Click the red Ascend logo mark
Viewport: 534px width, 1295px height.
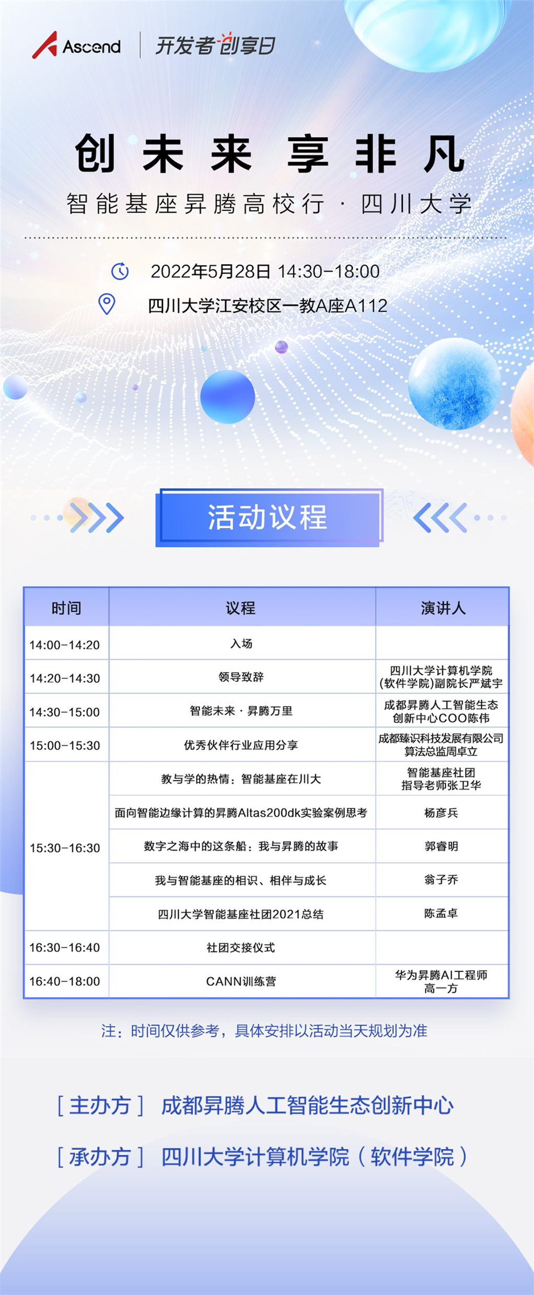(44, 45)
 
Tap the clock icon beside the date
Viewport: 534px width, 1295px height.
(120, 271)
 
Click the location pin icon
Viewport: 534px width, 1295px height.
(107, 304)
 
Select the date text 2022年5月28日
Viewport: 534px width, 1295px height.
(211, 272)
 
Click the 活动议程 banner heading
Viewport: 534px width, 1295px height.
(268, 517)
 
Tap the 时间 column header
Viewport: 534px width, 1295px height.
(66, 608)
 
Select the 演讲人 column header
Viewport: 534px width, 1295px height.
(443, 608)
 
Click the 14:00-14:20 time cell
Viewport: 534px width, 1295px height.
(64, 645)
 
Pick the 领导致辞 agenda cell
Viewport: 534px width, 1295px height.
(241, 677)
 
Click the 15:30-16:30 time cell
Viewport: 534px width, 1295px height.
(64, 848)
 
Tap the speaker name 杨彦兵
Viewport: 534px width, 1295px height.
(441, 813)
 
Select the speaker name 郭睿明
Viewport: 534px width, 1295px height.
(441, 846)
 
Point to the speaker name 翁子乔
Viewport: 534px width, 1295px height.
(441, 880)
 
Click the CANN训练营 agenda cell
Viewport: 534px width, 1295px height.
(241, 981)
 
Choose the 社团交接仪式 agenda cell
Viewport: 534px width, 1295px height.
(241, 948)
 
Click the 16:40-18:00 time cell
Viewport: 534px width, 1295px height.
(64, 981)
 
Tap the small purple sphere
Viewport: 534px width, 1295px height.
(282, 347)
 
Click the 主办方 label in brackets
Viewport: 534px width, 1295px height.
(100, 1106)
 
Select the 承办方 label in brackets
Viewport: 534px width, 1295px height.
(100, 1157)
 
